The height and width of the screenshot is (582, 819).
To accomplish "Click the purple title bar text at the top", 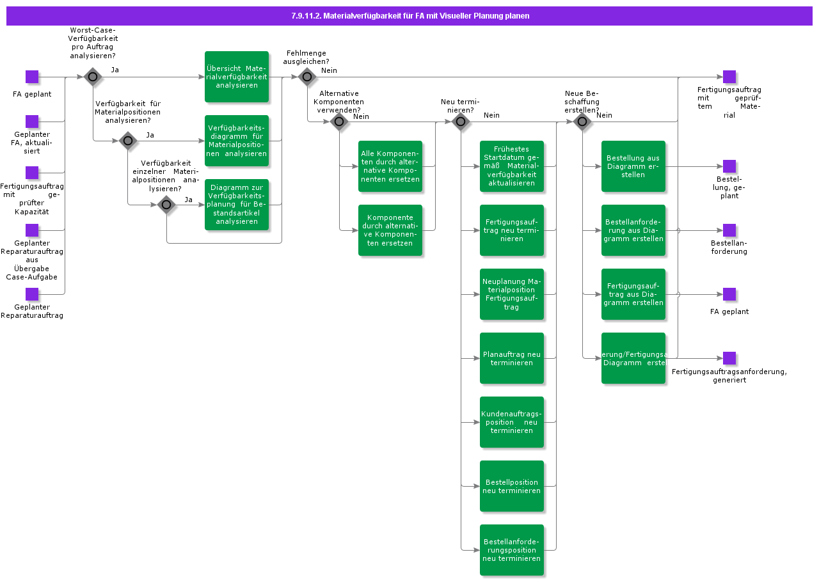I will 409,16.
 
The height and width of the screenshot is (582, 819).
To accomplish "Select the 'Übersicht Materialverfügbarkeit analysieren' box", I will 237,77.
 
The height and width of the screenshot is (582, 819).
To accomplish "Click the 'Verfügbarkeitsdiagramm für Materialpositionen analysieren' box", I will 237,141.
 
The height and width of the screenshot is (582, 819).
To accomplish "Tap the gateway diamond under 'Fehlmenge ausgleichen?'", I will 307,77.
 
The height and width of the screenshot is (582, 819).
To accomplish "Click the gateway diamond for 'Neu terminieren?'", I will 461,122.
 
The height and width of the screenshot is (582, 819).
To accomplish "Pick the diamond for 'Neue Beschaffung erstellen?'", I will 582,122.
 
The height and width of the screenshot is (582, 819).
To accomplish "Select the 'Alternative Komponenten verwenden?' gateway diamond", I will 339,122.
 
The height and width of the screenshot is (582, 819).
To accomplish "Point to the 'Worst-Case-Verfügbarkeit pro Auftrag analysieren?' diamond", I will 93,77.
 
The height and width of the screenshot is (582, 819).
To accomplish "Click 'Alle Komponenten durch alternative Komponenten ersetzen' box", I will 390,166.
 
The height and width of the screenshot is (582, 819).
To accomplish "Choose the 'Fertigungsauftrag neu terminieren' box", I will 512,230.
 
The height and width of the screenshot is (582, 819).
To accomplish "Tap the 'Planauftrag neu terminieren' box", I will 512,358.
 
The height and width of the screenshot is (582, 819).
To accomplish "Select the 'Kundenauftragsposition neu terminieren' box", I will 512,422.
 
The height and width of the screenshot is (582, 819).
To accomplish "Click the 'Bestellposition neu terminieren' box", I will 512,486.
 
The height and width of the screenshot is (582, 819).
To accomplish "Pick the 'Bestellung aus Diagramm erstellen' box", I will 633,166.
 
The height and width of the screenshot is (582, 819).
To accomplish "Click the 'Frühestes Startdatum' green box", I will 512,166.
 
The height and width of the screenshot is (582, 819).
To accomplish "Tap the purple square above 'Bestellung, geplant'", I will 729,166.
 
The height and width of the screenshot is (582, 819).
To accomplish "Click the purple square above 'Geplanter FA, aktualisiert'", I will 32,122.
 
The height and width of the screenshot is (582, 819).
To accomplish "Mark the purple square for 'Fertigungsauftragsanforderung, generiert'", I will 729,358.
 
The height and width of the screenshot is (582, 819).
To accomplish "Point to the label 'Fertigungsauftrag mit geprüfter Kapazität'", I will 32,199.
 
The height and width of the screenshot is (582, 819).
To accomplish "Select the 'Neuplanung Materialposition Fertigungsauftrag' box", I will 512,294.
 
